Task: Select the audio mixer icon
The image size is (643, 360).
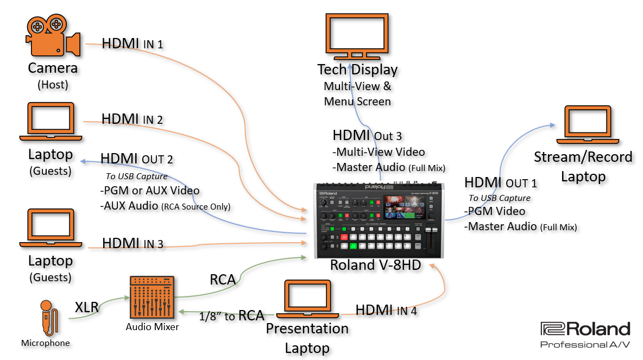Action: (x=152, y=298)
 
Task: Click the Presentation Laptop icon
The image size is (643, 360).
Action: (x=307, y=300)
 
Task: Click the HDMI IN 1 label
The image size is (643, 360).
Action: (x=132, y=43)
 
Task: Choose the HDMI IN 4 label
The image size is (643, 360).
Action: (x=386, y=310)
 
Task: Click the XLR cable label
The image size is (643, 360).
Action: (x=87, y=308)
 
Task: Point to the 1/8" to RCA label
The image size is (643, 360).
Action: (x=231, y=315)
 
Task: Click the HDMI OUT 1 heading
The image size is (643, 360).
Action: (x=500, y=183)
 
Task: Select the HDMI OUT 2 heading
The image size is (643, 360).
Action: (x=136, y=159)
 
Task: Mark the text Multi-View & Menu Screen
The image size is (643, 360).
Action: (x=357, y=94)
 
